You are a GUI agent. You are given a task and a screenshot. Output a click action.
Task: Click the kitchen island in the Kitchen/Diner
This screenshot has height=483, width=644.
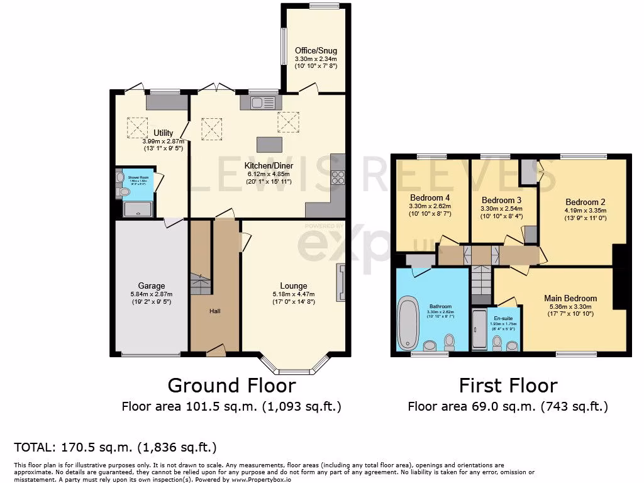point(270,144)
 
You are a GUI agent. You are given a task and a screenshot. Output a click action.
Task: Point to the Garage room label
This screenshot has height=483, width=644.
point(151,286)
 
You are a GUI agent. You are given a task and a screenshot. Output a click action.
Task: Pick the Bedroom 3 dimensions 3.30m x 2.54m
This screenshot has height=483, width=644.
point(501,208)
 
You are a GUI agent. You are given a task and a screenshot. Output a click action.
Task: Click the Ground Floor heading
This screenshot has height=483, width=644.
point(231,385)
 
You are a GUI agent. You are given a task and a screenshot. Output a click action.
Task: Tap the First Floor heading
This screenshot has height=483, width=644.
point(508,385)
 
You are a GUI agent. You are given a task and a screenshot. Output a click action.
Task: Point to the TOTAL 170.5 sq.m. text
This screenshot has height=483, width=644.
point(115,448)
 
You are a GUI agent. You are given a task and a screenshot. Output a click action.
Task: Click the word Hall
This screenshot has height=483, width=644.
point(214,311)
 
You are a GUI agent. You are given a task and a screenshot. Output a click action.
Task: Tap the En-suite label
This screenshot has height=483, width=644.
point(503,318)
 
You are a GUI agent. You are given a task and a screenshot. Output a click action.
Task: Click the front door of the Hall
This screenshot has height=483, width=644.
point(216,351)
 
